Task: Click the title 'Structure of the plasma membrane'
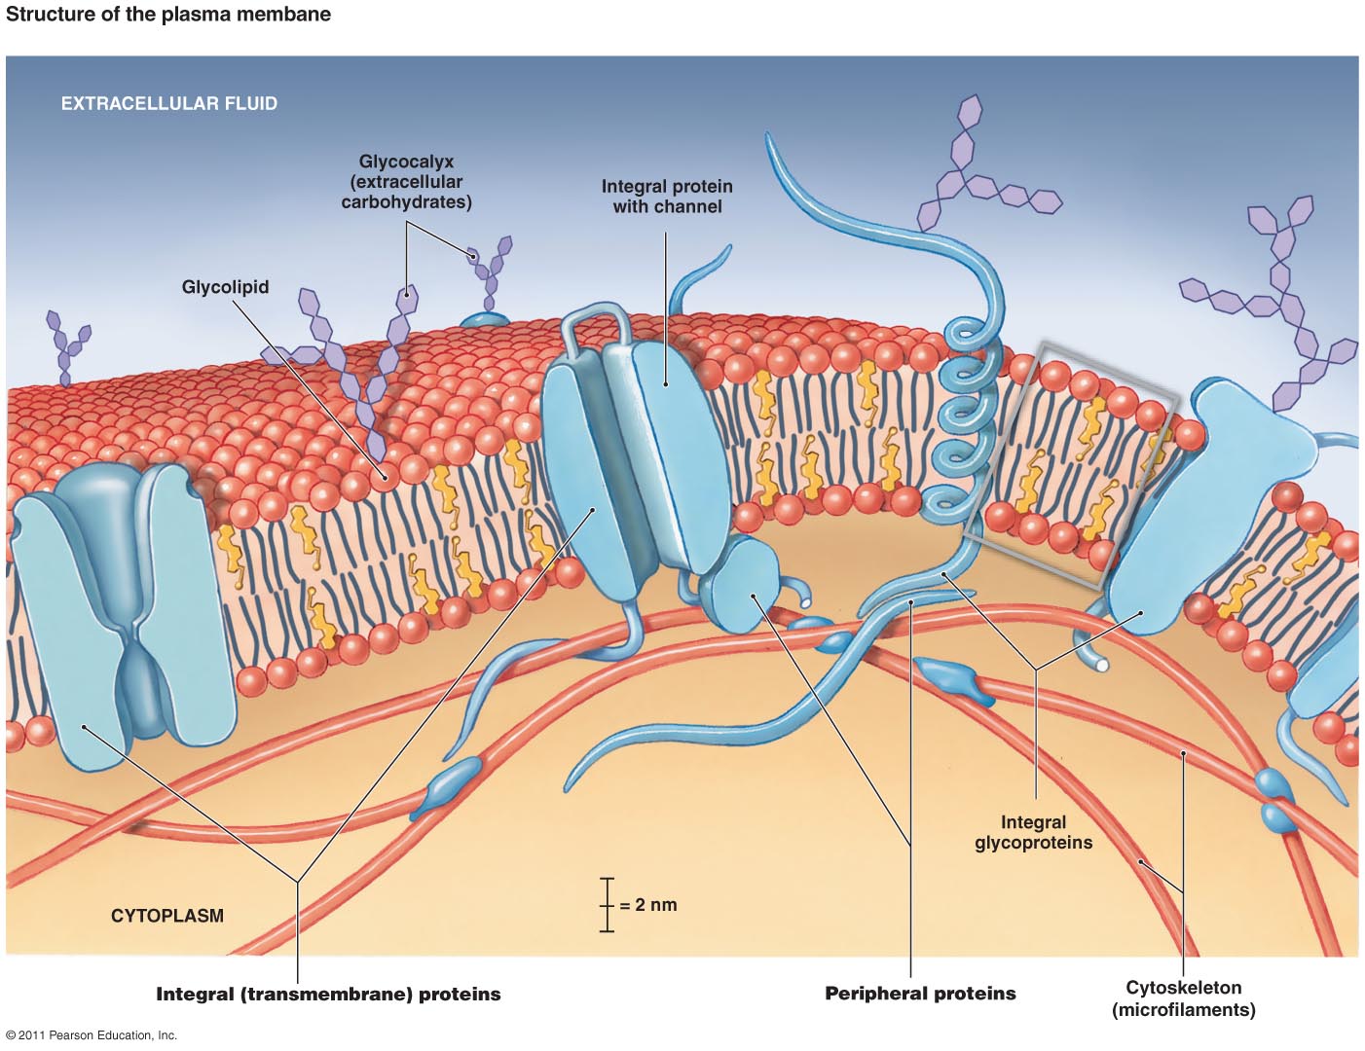[168, 15]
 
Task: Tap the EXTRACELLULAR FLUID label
[168, 103]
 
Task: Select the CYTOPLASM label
[166, 916]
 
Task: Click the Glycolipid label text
[225, 287]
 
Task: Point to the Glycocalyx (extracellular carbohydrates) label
[406, 182]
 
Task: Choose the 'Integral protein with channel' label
[667, 197]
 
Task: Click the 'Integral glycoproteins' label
[1033, 833]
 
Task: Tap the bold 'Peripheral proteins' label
[920, 994]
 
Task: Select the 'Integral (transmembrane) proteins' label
[328, 995]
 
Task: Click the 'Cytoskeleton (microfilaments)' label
[1183, 998]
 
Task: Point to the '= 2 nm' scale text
[648, 905]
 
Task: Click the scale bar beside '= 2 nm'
[607, 905]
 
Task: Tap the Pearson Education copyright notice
[92, 1035]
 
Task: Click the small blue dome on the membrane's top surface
[484, 319]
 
